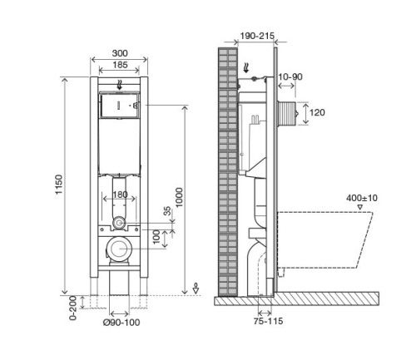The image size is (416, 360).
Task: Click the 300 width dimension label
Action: click(x=120, y=53)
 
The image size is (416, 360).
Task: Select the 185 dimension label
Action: click(x=120, y=65)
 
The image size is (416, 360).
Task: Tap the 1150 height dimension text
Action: click(x=59, y=185)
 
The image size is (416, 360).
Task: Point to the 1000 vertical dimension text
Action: click(x=179, y=197)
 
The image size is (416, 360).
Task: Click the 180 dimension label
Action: click(x=120, y=195)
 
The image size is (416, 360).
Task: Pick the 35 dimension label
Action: click(x=167, y=211)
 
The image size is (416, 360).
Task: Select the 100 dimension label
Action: click(x=156, y=237)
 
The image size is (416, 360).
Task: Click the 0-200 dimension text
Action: click(x=73, y=308)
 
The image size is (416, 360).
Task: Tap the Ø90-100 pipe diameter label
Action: click(x=121, y=323)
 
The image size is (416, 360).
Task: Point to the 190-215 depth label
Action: click(x=257, y=36)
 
